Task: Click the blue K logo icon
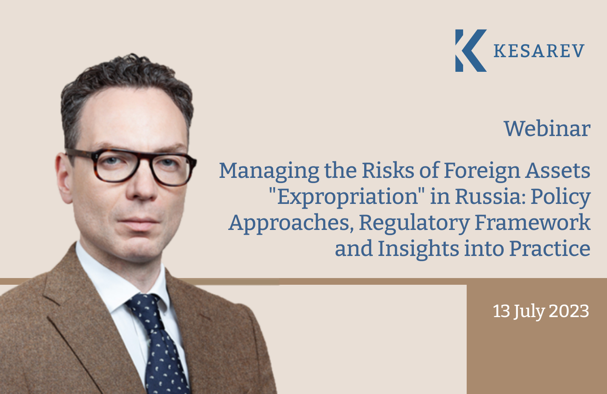pyautogui.click(x=470, y=50)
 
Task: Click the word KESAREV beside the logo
pyautogui.click(x=539, y=51)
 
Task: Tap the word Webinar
pyautogui.click(x=547, y=129)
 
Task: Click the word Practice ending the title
pyautogui.click(x=550, y=248)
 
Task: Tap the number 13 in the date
pyautogui.click(x=501, y=311)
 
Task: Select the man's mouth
pyautogui.click(x=139, y=222)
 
